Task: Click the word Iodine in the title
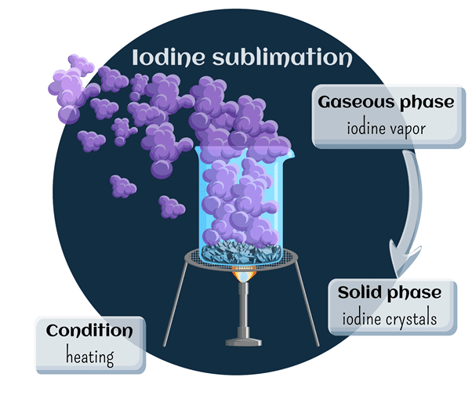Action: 162,57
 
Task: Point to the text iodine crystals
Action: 390,318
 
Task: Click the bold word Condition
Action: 89,331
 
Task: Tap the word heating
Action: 89,357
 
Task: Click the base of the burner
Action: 242,342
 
